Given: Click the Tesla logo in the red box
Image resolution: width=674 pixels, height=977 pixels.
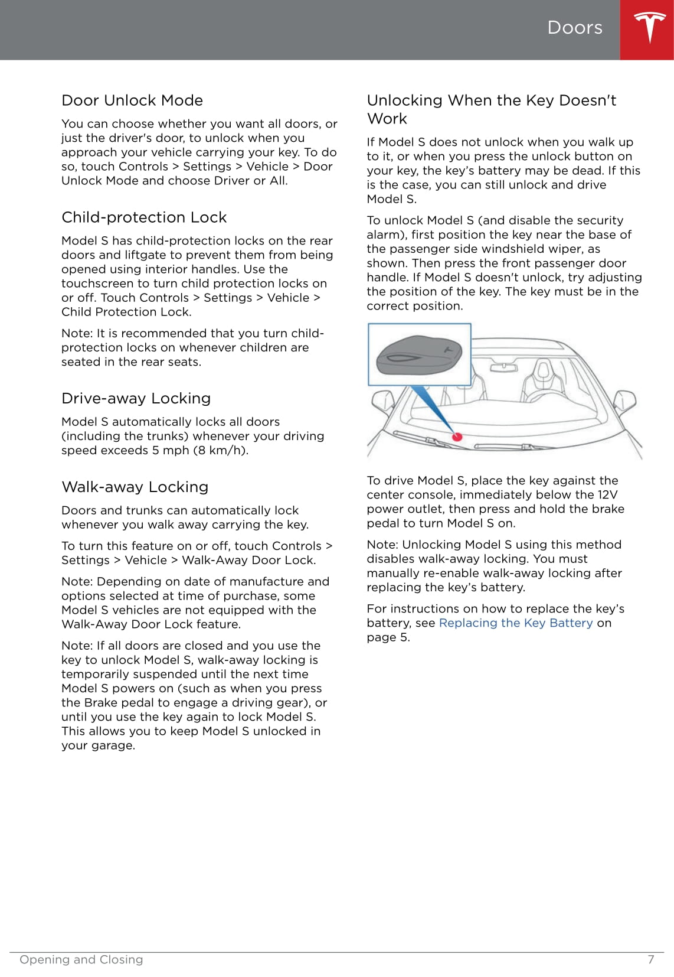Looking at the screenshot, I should (649, 28).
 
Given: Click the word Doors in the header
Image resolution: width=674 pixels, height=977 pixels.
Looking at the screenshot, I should (575, 28).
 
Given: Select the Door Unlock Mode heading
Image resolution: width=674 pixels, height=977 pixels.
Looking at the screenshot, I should (132, 100).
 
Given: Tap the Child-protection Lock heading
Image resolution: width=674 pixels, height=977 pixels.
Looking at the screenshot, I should (144, 217).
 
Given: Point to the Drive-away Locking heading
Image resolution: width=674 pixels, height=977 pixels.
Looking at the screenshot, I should (136, 399).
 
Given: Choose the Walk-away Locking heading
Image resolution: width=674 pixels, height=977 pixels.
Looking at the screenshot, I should (135, 487).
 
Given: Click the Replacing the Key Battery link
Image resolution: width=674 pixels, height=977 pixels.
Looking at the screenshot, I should (516, 623).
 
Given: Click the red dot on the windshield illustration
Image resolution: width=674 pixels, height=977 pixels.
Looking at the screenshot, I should (457, 437).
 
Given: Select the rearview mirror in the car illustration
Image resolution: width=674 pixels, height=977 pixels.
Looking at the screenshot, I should (503, 367).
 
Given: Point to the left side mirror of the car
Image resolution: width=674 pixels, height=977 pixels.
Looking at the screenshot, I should (382, 402).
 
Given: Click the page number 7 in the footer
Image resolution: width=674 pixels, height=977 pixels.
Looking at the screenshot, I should (651, 960).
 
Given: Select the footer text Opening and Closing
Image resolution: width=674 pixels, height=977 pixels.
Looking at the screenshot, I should (81, 960).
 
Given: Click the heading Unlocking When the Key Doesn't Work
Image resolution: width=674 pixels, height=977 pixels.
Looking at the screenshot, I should (491, 109).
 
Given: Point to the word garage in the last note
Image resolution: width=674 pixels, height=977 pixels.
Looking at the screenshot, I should (113, 746).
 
